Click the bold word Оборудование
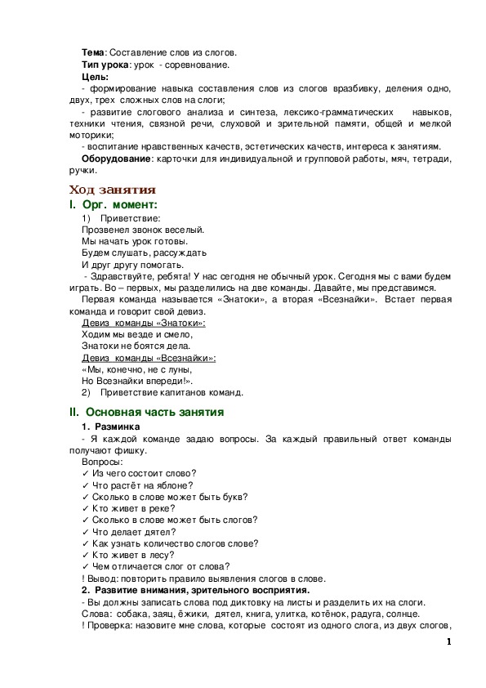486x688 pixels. click(x=120, y=159)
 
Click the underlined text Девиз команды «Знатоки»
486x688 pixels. click(x=144, y=323)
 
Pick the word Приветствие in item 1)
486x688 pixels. click(x=129, y=219)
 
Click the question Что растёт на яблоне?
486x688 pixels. click(x=145, y=485)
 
